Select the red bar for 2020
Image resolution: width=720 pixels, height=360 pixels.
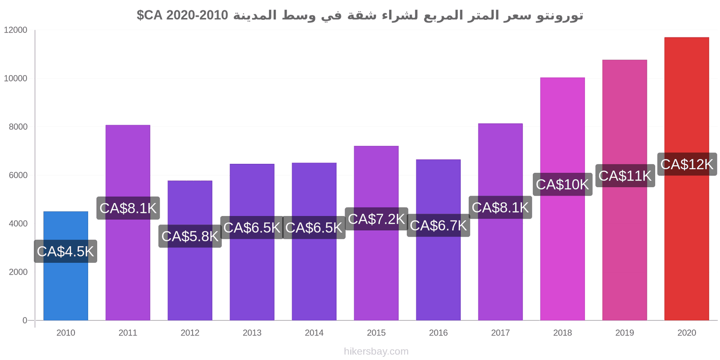[x=686, y=247]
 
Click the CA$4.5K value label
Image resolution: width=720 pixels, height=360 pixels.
[x=66, y=251]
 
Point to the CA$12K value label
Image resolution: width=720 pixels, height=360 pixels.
[x=686, y=164]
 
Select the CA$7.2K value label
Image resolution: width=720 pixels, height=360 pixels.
[x=376, y=219]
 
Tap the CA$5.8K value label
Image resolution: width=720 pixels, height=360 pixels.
[x=190, y=236]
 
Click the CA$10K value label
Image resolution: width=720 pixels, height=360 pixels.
[x=562, y=184]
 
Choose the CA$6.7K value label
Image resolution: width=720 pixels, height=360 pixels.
[x=438, y=225]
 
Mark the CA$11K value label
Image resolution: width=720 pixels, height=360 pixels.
[x=625, y=175]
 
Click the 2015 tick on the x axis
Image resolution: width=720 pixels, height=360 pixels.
[x=376, y=333]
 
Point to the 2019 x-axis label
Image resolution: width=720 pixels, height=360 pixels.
[x=625, y=333]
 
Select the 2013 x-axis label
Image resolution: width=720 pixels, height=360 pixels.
[x=252, y=333]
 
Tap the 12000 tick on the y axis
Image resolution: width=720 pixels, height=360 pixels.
[x=16, y=30]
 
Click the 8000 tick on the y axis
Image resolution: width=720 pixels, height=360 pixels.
[x=18, y=127]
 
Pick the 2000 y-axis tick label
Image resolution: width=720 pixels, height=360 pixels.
[x=18, y=272]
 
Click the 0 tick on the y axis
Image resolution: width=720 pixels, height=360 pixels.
[x=25, y=320]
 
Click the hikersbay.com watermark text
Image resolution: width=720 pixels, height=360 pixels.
[x=376, y=351]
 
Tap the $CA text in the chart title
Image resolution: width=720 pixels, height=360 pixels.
[x=149, y=15]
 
